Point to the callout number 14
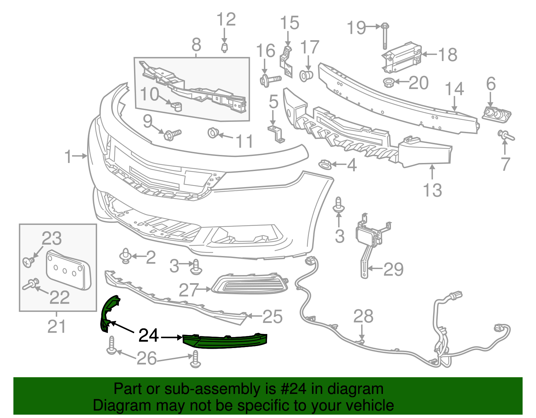point(454,89)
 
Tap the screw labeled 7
point(506,136)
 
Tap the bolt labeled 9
point(172,135)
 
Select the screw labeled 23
point(28,262)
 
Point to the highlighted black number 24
point(148,335)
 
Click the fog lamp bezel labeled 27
point(250,284)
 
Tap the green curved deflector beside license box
point(108,313)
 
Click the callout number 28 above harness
point(363,316)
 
